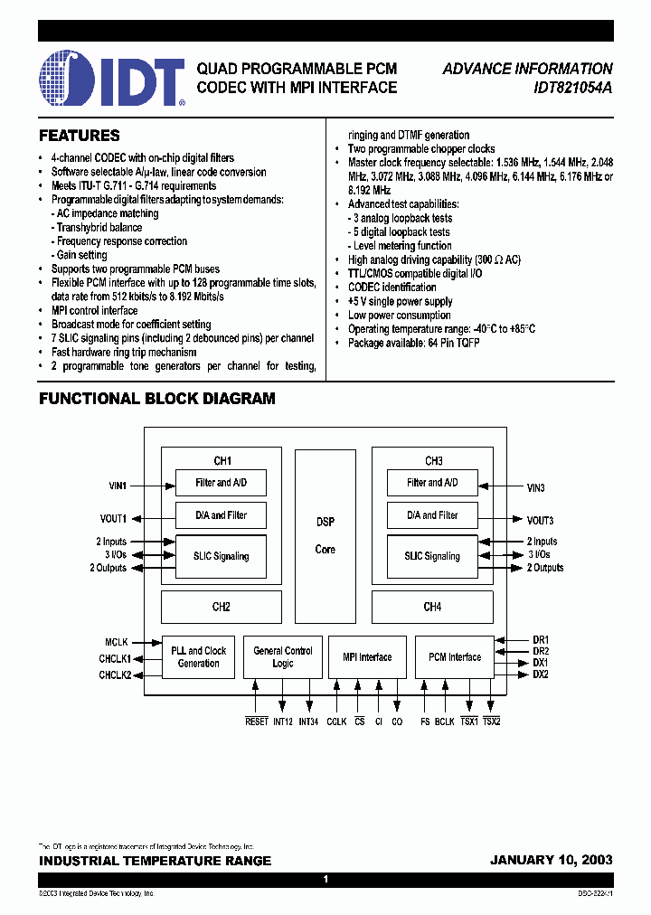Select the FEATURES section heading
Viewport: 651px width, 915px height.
(x=80, y=136)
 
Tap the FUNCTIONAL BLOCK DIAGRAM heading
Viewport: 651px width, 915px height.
(x=157, y=399)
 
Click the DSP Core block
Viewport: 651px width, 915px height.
(x=325, y=535)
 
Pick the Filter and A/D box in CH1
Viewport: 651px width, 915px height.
(x=221, y=483)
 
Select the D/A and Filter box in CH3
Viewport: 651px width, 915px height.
(x=433, y=515)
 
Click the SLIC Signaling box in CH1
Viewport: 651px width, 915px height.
(x=221, y=556)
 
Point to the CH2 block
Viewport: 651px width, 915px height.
(x=221, y=607)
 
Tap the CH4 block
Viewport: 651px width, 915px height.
(x=432, y=607)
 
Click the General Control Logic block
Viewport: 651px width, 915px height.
(x=283, y=657)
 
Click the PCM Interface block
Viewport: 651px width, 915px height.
(x=454, y=657)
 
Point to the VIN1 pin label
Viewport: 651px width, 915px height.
(x=118, y=486)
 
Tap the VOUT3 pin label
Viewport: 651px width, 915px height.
(x=540, y=520)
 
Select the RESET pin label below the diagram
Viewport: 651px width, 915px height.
(x=257, y=722)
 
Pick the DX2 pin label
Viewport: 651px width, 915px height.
(x=540, y=674)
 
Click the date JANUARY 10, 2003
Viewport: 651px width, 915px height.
(x=551, y=861)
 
